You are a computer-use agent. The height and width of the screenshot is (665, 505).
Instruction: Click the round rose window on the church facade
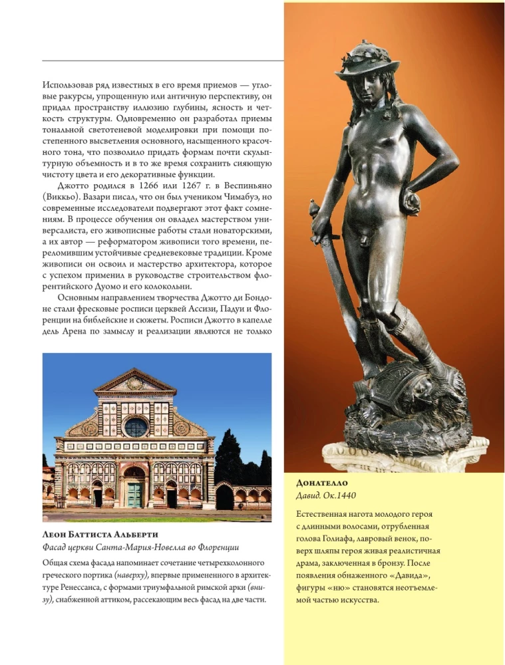click(136, 426)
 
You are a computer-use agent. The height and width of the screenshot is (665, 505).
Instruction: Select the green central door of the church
click(135, 494)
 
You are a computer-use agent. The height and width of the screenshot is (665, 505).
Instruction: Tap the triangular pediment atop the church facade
click(135, 382)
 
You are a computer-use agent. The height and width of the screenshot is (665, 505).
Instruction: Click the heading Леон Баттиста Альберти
click(104, 535)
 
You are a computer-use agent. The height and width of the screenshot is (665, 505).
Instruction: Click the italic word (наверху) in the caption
click(132, 575)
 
